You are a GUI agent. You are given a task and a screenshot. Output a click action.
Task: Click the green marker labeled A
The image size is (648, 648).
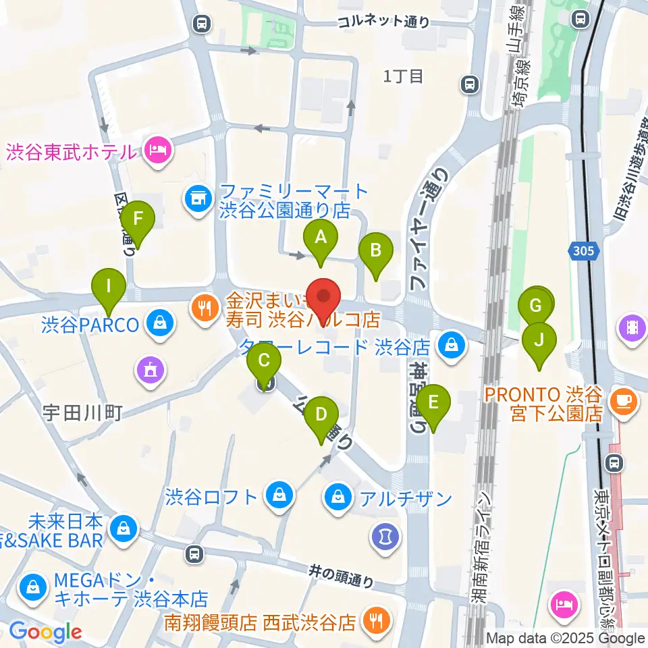tap(321, 238)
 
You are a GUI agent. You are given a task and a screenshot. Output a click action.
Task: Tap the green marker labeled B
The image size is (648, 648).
tap(376, 251)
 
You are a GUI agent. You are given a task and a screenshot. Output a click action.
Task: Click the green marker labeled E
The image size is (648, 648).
tap(433, 403)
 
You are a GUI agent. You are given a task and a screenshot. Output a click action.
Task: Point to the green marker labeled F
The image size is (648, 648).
tap(138, 219)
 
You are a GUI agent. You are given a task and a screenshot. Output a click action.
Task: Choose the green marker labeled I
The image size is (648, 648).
tap(109, 287)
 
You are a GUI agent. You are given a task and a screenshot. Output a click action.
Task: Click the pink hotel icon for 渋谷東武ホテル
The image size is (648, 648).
tap(157, 148)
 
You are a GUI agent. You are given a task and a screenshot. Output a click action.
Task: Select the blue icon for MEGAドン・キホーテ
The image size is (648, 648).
tap(32, 587)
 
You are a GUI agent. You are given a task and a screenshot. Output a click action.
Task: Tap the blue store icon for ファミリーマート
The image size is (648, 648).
tap(198, 198)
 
